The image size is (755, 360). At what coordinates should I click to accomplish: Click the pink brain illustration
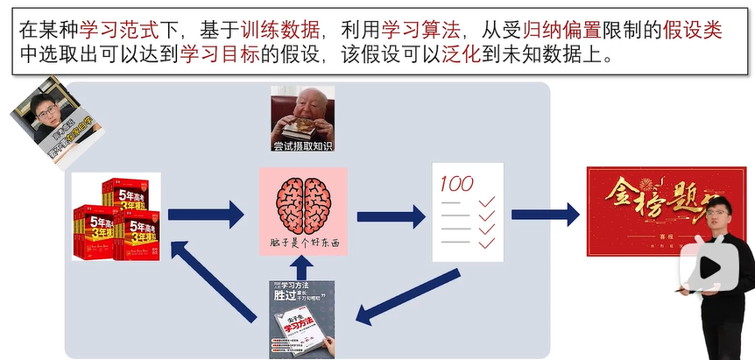click(303, 203)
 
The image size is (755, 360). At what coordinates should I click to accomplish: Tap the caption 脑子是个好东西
click(303, 243)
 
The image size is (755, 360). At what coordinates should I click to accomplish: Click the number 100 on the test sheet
click(455, 184)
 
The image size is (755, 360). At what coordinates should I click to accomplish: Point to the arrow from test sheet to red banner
click(545, 213)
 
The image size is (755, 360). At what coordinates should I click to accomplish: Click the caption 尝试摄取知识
click(303, 145)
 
